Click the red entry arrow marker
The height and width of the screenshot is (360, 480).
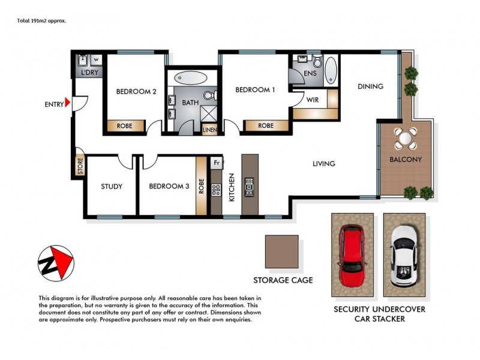(68, 104)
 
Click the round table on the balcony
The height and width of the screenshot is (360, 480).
(406, 139)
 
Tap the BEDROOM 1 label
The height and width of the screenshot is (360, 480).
(255, 90)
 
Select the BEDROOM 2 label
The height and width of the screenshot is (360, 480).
(136, 92)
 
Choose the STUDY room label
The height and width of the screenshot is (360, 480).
(112, 187)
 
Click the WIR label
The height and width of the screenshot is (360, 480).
(313, 100)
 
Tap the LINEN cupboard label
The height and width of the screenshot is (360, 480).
(209, 130)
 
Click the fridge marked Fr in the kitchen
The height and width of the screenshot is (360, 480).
(216, 162)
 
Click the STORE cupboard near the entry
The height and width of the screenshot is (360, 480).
(80, 166)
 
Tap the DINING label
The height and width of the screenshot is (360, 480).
(370, 86)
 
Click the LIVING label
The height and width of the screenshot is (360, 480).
(323, 164)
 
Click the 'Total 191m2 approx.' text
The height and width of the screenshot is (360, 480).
(41, 20)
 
